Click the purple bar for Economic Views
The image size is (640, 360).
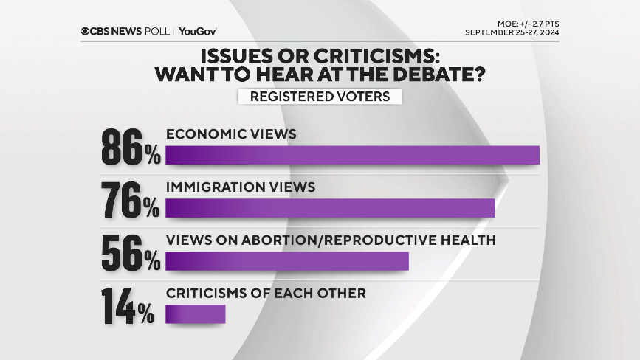pyautogui.click(x=353, y=155)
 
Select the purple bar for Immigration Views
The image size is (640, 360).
pyautogui.click(x=330, y=208)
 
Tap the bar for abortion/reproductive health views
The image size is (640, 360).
pyautogui.click(x=287, y=261)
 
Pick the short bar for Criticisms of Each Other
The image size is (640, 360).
pyautogui.click(x=195, y=314)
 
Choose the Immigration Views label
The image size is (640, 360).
pyautogui.click(x=241, y=187)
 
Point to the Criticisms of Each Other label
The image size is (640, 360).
pyautogui.click(x=266, y=294)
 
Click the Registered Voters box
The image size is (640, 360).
pyautogui.click(x=320, y=97)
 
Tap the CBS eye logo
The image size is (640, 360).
pyautogui.click(x=86, y=31)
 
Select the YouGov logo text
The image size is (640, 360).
pyautogui.click(x=198, y=31)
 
